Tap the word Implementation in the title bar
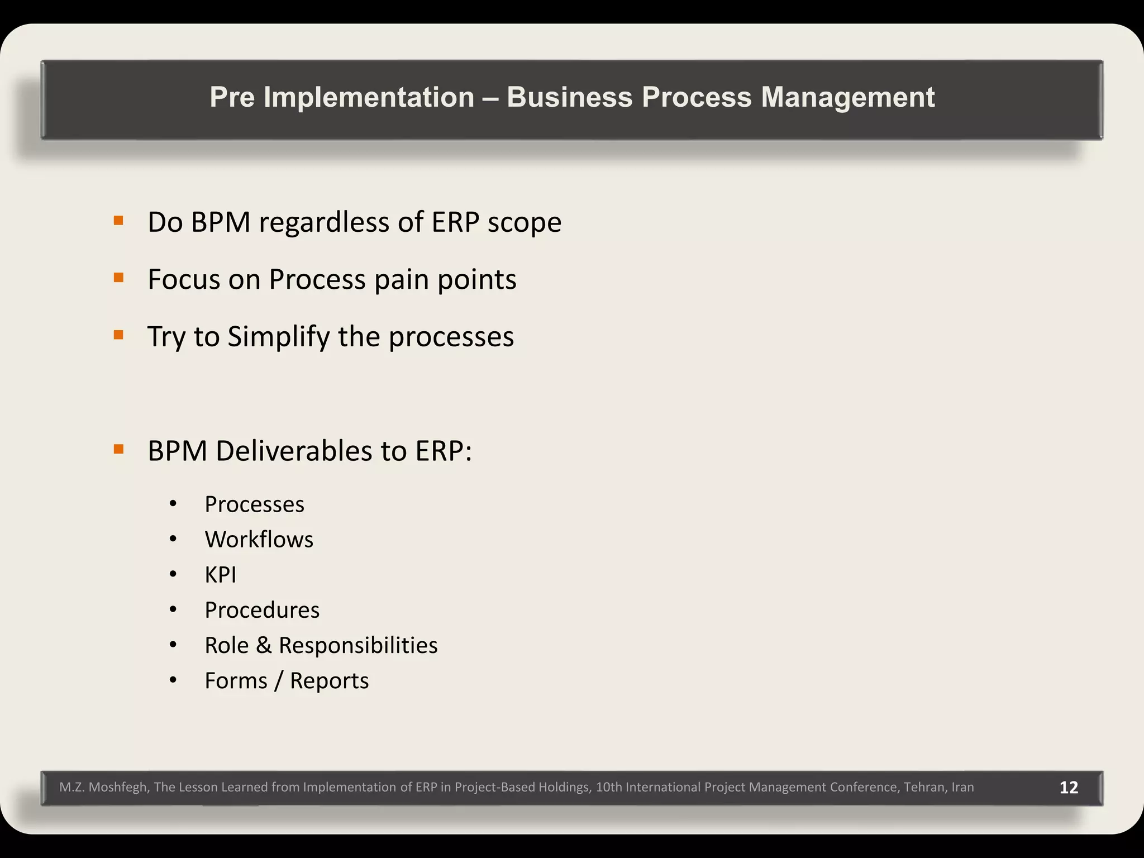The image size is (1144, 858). coord(369,97)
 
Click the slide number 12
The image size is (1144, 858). coord(1069,787)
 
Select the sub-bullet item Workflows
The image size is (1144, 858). coord(259,540)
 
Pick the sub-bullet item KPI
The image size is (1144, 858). coord(221,575)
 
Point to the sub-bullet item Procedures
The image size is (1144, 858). coord(262,610)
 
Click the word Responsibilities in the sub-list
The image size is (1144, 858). coord(358,645)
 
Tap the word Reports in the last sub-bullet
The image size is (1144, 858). coord(329,681)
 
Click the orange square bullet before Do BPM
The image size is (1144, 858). coord(118,221)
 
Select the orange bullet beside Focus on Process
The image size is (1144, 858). coord(118,278)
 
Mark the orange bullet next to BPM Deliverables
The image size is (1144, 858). coord(118,449)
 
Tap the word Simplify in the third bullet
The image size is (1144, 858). coord(278,337)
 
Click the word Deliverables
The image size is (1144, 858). coord(294,451)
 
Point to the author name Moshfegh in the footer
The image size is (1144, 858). coord(118,787)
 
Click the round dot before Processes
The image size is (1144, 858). coord(173,504)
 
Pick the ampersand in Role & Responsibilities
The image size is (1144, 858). coord(264,645)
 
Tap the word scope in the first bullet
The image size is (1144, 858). coord(524,222)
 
